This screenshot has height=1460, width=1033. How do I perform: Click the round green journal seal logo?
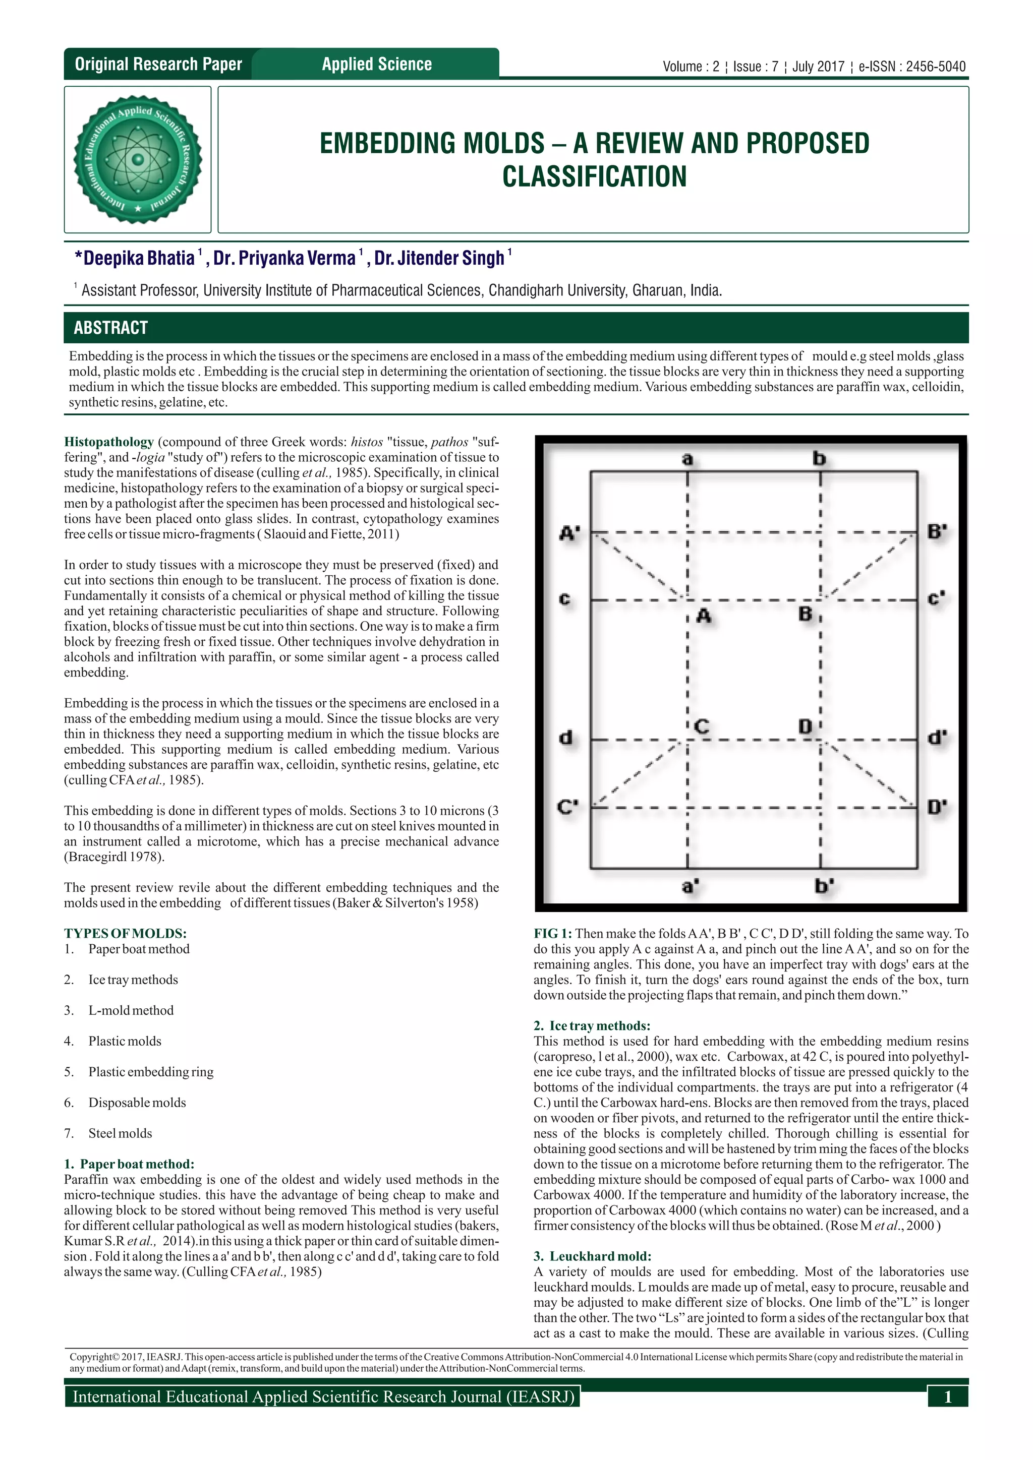coord(137,160)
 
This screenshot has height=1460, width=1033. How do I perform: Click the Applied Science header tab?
coord(377,64)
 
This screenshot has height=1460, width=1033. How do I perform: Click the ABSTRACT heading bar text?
coord(110,328)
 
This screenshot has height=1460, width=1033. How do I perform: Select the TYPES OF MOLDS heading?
coord(125,934)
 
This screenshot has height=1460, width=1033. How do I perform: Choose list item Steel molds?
coord(120,1133)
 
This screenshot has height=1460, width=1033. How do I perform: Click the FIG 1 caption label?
coord(552,934)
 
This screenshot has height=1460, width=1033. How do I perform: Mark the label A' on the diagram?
coord(569,533)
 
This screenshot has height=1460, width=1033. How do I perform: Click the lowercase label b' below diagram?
coord(824,885)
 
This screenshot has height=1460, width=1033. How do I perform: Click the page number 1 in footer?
coord(947,1397)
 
